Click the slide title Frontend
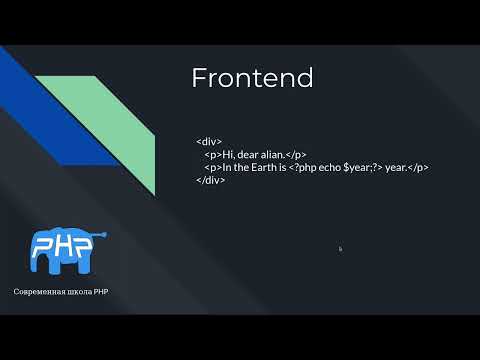pyautogui.click(x=252, y=78)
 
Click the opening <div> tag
pyautogui.click(x=209, y=142)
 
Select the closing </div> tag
pyautogui.click(x=210, y=181)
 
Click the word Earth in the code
pyautogui.click(x=267, y=168)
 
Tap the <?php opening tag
pyautogui.click(x=303, y=168)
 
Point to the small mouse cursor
pyautogui.click(x=340, y=249)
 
